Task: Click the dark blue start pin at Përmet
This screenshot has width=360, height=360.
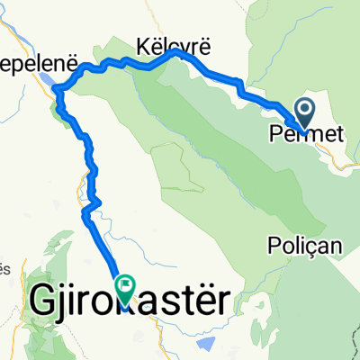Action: [x=302, y=113]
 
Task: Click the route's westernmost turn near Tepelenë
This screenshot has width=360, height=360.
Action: [x=57, y=88]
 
